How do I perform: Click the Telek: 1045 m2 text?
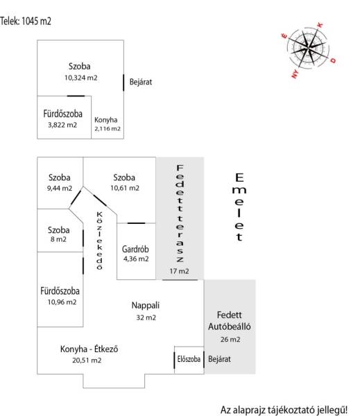click(26, 21)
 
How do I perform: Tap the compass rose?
click(309, 48)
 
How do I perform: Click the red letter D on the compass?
click(333, 60)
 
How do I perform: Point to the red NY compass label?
click(295, 73)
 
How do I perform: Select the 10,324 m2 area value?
click(80, 78)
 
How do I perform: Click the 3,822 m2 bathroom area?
click(62, 125)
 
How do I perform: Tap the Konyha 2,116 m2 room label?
click(108, 124)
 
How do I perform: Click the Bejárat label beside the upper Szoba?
click(141, 82)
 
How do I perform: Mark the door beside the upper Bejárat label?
click(123, 83)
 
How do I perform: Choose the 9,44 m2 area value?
click(60, 188)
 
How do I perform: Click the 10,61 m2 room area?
click(125, 188)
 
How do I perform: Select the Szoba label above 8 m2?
click(59, 229)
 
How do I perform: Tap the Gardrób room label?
click(135, 249)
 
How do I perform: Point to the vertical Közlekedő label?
click(99, 241)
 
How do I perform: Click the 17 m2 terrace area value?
click(179, 271)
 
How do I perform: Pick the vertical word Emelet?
click(239, 207)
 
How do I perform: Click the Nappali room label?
click(146, 305)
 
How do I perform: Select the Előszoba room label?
click(189, 359)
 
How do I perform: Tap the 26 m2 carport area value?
click(230, 339)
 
